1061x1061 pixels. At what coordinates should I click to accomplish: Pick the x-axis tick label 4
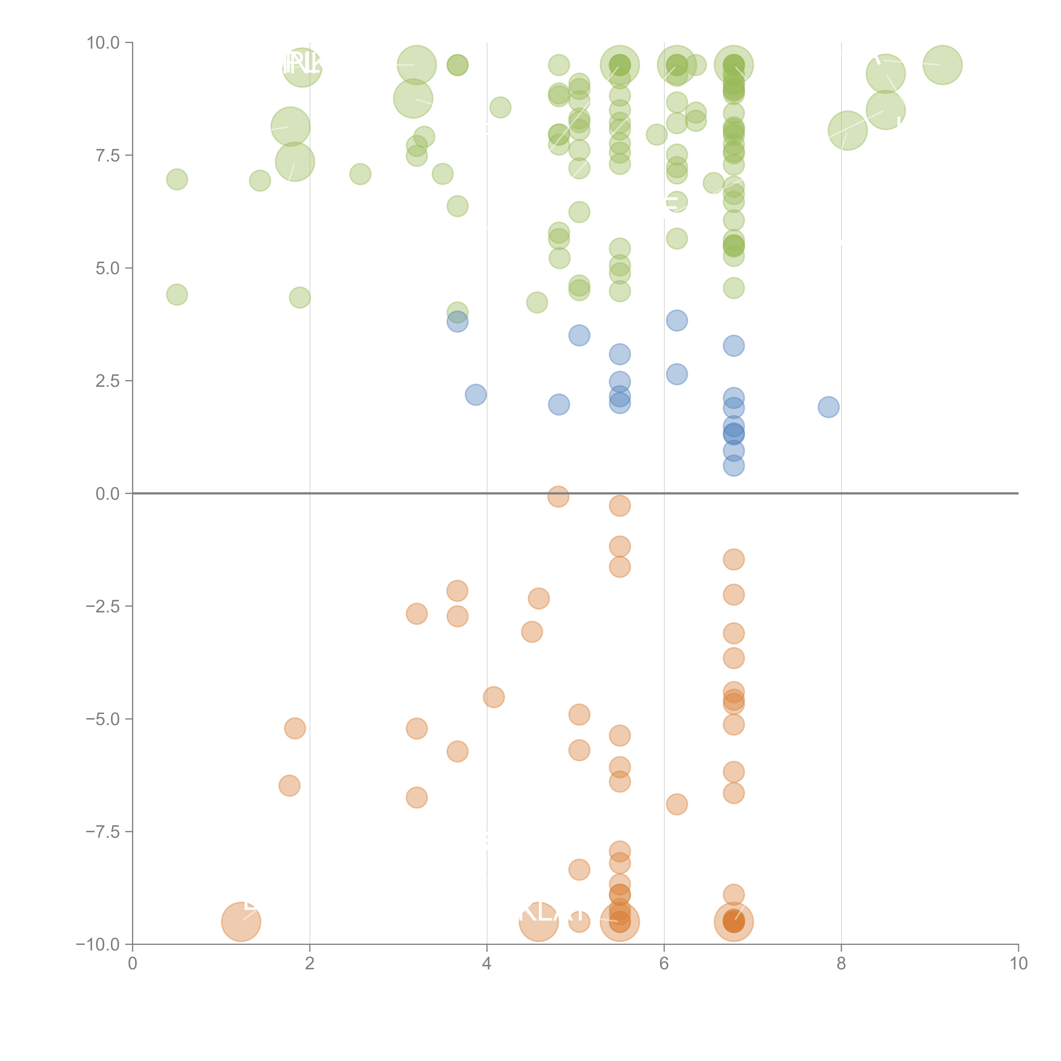487,964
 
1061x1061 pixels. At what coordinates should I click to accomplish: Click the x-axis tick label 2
310,964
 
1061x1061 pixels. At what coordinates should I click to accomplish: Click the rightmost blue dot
828,407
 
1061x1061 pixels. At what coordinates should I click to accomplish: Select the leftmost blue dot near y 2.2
476,394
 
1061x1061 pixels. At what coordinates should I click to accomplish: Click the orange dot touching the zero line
559,497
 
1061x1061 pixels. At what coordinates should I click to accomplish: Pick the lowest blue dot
734,466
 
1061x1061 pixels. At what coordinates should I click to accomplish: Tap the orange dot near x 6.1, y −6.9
676,804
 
